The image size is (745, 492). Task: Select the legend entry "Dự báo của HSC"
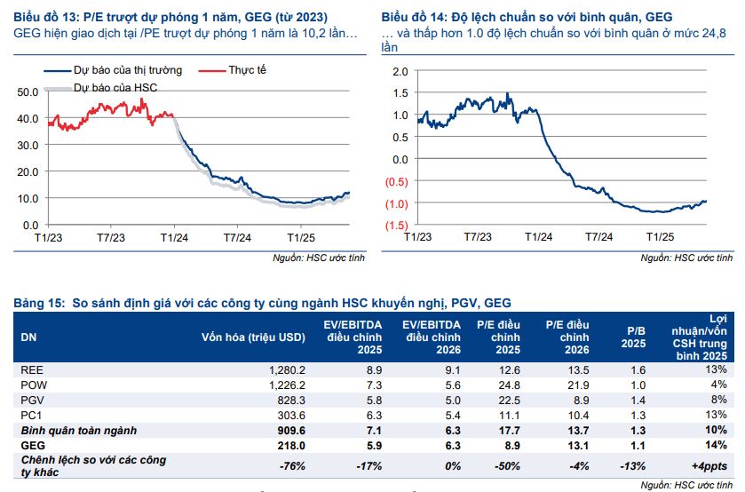115,88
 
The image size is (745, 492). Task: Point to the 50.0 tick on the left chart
28,91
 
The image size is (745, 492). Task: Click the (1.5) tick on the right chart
395,226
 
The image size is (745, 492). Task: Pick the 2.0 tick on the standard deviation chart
400,71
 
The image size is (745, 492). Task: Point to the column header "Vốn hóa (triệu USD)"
253,337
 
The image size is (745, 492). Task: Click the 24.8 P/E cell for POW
505,385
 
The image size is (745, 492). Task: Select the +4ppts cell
709,464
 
